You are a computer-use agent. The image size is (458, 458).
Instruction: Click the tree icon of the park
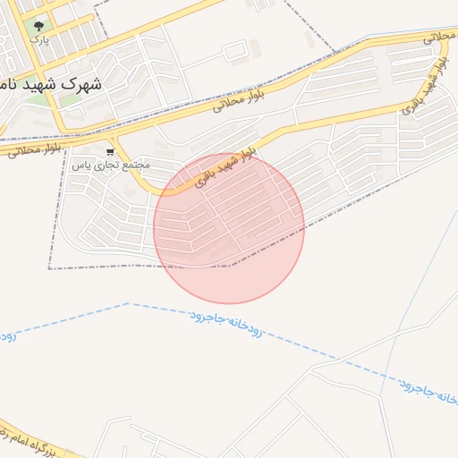[38, 25]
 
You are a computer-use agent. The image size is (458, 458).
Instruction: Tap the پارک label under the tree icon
[38, 39]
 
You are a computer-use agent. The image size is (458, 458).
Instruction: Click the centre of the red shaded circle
[229, 228]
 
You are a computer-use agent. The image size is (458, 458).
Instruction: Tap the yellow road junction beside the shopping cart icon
[117, 142]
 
